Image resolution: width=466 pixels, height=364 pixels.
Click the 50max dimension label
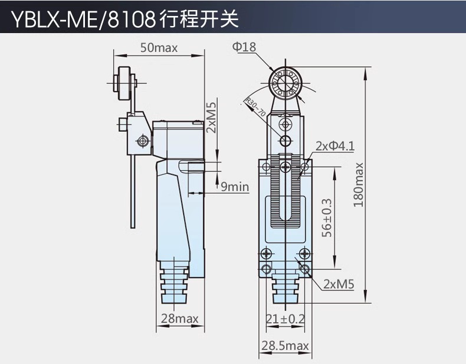coord(159,48)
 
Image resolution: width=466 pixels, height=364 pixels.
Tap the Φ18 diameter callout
coord(244,47)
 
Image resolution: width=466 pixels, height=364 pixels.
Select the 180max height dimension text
coord(359,185)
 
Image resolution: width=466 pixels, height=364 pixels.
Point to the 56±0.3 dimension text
coord(327,218)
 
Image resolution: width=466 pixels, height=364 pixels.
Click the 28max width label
coord(179,318)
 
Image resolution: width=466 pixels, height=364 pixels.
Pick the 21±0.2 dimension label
coord(285,318)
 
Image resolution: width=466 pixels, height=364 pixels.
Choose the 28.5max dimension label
coord(285,346)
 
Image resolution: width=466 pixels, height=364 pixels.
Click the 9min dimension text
coord(235,187)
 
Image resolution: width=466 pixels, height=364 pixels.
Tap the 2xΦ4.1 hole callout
coord(335,146)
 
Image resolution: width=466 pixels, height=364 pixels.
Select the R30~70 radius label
coord(255,106)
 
